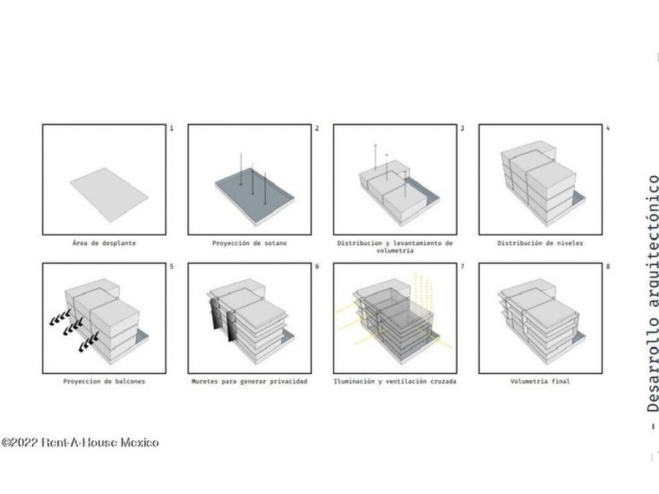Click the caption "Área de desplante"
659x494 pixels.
tap(104, 243)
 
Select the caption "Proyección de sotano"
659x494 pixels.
tap(249, 243)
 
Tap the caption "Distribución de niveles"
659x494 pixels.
tap(540, 243)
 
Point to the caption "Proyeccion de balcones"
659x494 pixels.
tap(104, 382)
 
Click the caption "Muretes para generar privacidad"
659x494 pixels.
tap(249, 382)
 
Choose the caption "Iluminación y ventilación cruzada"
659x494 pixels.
tap(394, 382)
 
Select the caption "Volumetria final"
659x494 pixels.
tap(540, 382)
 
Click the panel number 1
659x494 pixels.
tap(172, 128)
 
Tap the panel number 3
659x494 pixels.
tap(462, 128)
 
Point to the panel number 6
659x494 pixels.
tap(317, 267)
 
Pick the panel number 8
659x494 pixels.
tap(608, 267)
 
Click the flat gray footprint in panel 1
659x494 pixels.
tap(109, 195)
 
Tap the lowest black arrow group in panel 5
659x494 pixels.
tap(89, 341)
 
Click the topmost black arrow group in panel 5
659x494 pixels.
tap(60, 318)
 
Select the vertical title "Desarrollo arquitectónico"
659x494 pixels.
tap(653, 294)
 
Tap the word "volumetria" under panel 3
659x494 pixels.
tap(394, 251)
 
